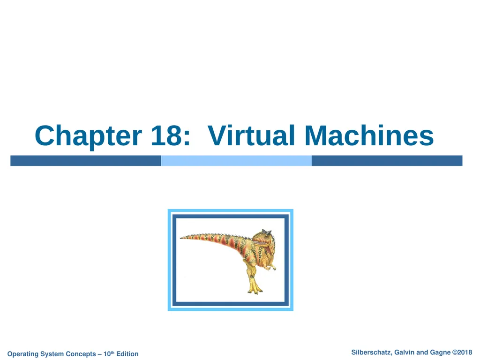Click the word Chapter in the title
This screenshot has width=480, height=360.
(x=88, y=136)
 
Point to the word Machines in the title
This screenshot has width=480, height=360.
(x=369, y=136)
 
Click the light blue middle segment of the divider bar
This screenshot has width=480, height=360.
(x=236, y=161)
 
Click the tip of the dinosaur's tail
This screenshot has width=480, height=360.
(x=182, y=237)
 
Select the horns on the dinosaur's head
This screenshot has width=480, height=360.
(x=267, y=232)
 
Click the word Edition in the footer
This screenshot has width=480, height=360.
(x=127, y=354)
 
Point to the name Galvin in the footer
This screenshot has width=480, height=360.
(x=404, y=352)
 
